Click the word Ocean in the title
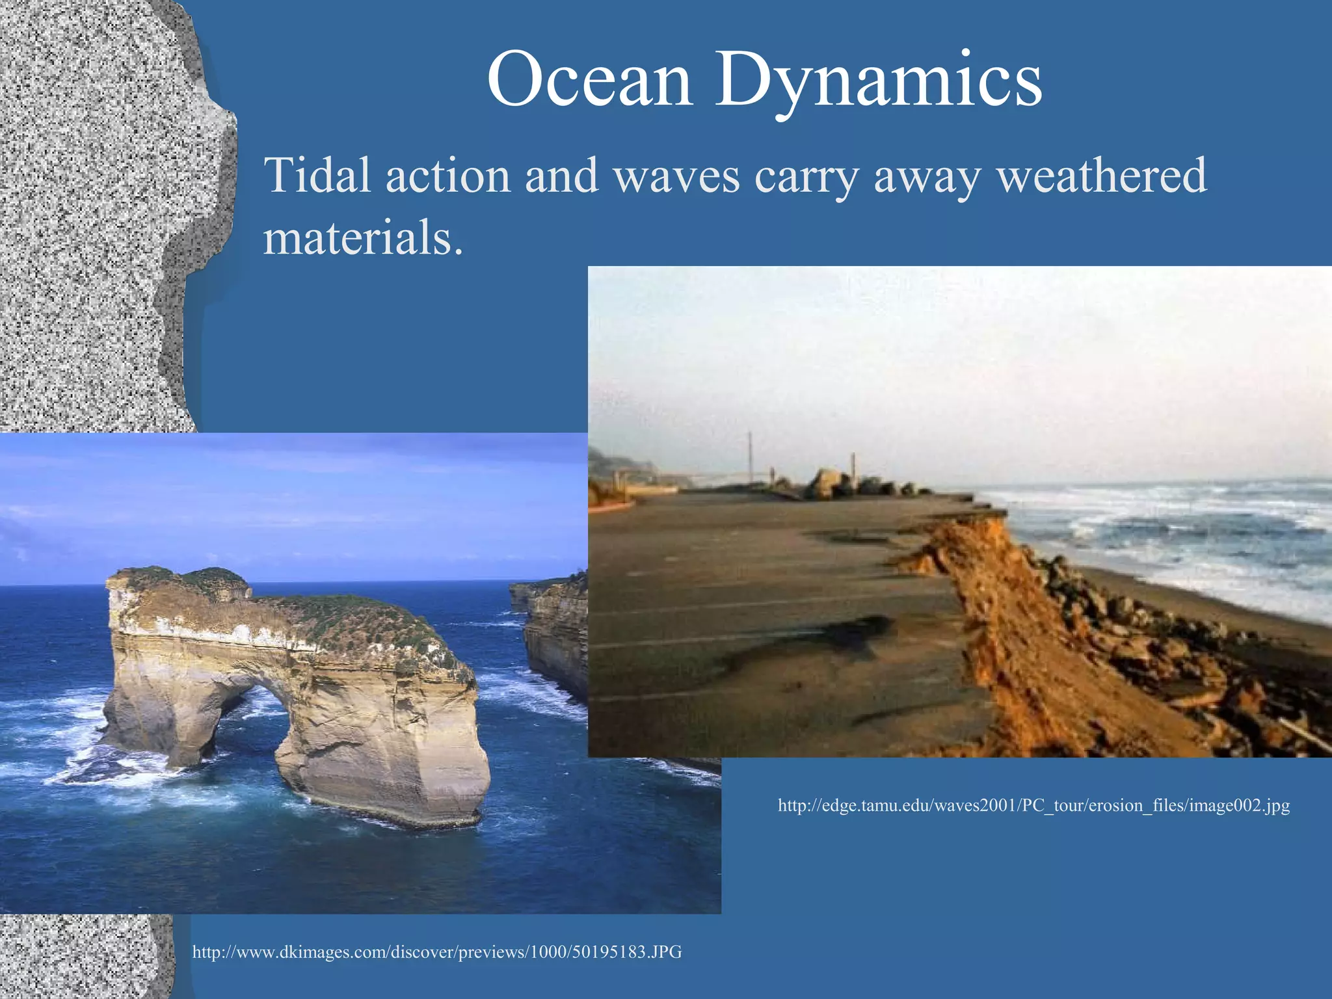point(589,81)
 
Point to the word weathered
point(1102,176)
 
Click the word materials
point(362,238)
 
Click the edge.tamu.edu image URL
point(1033,806)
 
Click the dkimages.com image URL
point(437,952)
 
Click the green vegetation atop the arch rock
point(364,618)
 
